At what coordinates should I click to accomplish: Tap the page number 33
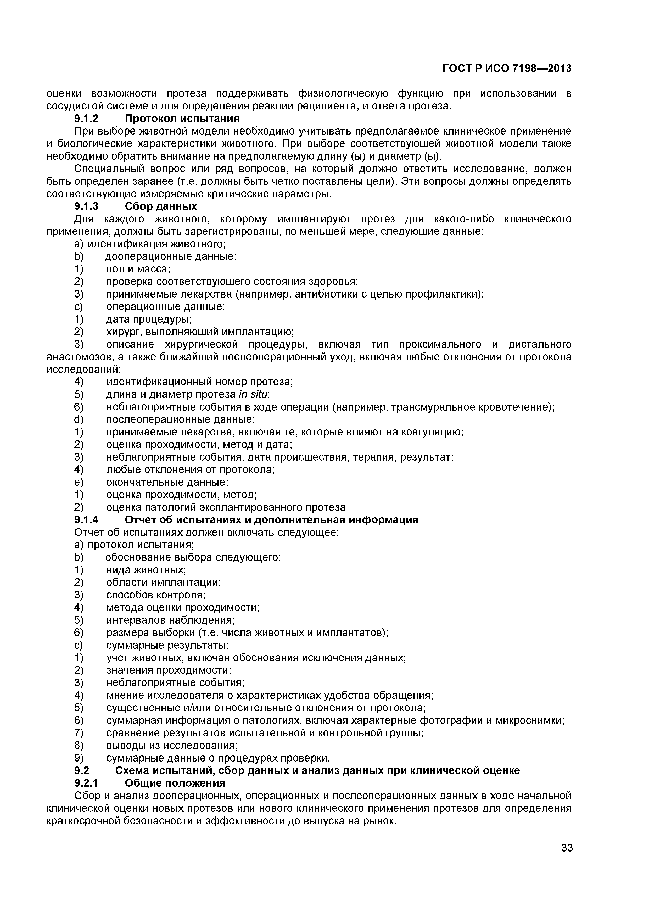click(567, 859)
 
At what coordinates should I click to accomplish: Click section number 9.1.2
click(86, 119)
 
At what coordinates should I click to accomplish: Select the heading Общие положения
click(175, 783)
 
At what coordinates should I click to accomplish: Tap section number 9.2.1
click(86, 783)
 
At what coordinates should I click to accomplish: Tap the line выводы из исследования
click(172, 746)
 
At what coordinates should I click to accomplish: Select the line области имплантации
click(163, 583)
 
